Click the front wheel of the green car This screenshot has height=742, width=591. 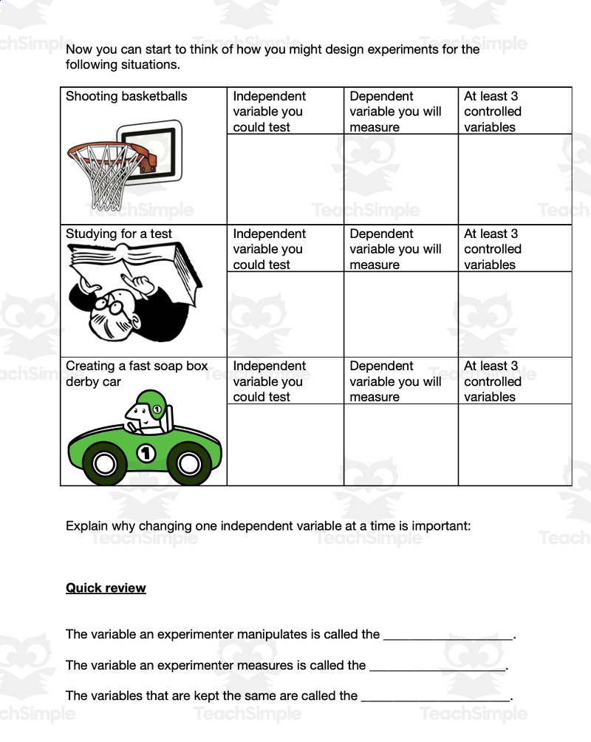click(189, 463)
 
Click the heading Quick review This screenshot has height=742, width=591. click(106, 588)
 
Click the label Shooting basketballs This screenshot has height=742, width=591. click(126, 96)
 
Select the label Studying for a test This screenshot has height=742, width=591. click(119, 234)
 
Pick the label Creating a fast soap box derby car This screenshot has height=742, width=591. click(137, 373)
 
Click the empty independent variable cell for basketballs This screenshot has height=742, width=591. click(285, 179)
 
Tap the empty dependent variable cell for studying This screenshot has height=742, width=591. click(400, 314)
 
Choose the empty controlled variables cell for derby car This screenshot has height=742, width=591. click(515, 444)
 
